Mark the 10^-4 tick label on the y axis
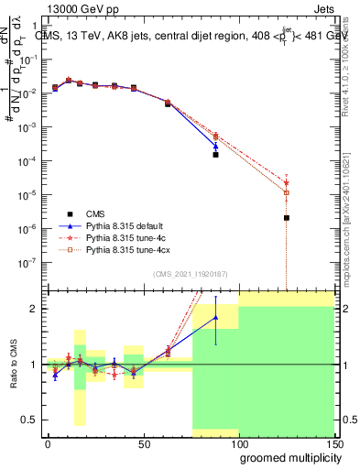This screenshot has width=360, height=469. (27, 161)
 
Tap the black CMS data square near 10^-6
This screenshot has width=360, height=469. (287, 218)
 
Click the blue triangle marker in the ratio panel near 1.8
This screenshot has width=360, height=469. (216, 318)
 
